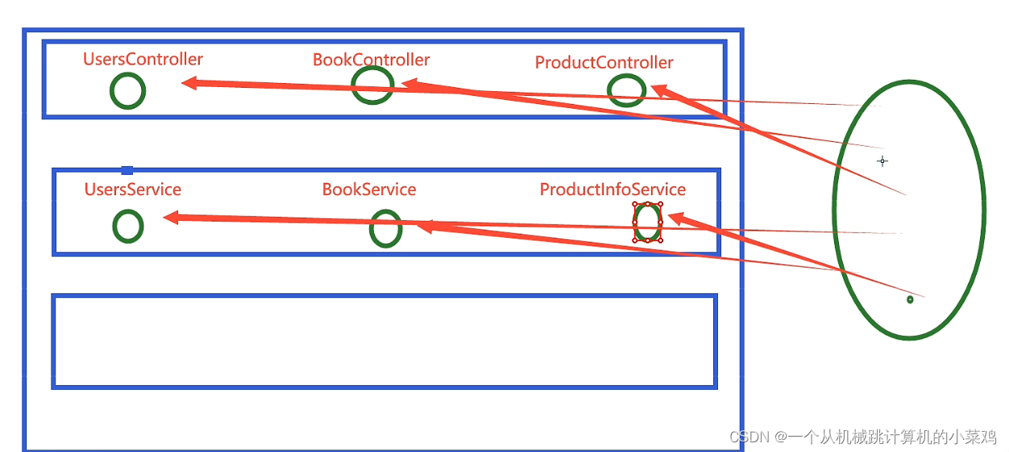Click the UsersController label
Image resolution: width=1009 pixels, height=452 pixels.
click(x=143, y=59)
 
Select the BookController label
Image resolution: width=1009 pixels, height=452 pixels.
click(x=371, y=60)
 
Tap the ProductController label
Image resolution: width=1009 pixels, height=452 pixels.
click(x=604, y=63)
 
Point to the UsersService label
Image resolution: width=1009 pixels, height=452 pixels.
click(x=133, y=189)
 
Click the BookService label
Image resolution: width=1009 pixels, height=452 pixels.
click(x=369, y=189)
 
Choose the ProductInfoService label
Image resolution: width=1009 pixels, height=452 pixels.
click(x=612, y=189)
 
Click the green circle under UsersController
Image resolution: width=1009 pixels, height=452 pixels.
click(x=127, y=91)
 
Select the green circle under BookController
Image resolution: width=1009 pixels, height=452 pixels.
click(x=372, y=85)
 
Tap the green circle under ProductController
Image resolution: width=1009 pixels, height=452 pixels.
click(x=626, y=90)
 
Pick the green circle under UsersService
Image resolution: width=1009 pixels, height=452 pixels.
click(x=127, y=226)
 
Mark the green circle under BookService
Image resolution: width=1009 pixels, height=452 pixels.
click(x=386, y=229)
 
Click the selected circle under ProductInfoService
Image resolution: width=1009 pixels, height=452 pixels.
click(x=647, y=222)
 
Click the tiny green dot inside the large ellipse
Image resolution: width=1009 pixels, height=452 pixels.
click(x=910, y=300)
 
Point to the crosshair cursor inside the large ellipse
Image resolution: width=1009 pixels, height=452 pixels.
click(x=882, y=161)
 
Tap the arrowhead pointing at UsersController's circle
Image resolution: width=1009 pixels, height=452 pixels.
click(x=189, y=82)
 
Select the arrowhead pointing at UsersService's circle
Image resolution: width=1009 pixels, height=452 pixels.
click(x=170, y=217)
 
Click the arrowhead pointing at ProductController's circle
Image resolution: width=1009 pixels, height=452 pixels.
click(x=659, y=89)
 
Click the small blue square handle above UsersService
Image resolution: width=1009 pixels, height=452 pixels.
click(x=127, y=169)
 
